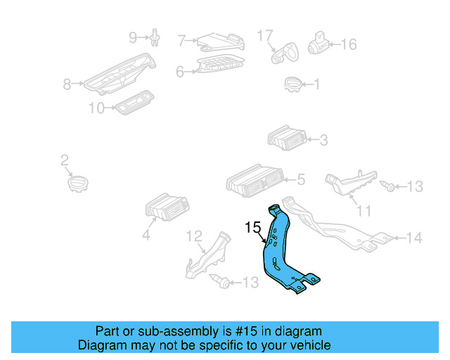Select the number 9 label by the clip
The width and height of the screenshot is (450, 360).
click(x=132, y=37)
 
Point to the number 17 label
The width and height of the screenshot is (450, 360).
click(x=264, y=35)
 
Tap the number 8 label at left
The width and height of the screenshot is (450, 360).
click(x=67, y=84)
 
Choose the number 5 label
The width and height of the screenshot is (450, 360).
click(x=300, y=180)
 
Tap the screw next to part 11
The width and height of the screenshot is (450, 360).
click(x=388, y=186)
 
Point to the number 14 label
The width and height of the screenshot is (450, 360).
click(x=415, y=238)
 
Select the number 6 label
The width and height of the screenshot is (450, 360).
click(x=180, y=71)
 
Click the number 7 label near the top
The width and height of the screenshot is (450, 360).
click(x=181, y=41)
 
